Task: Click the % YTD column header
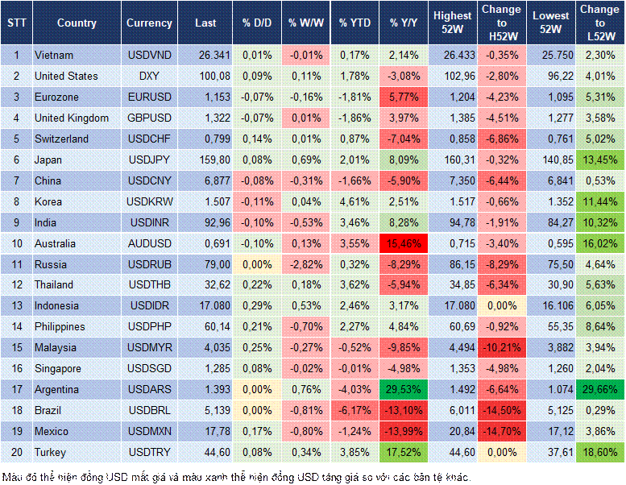coord(354,23)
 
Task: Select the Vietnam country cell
coord(54,55)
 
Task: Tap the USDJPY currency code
coord(149,160)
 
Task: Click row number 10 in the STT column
coord(16,243)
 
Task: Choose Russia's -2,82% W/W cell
coord(305,264)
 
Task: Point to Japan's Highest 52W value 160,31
coord(452,160)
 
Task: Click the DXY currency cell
coord(149,76)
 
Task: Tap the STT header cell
coord(16,23)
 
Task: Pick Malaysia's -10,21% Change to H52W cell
coord(502,348)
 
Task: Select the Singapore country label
coord(58,369)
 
